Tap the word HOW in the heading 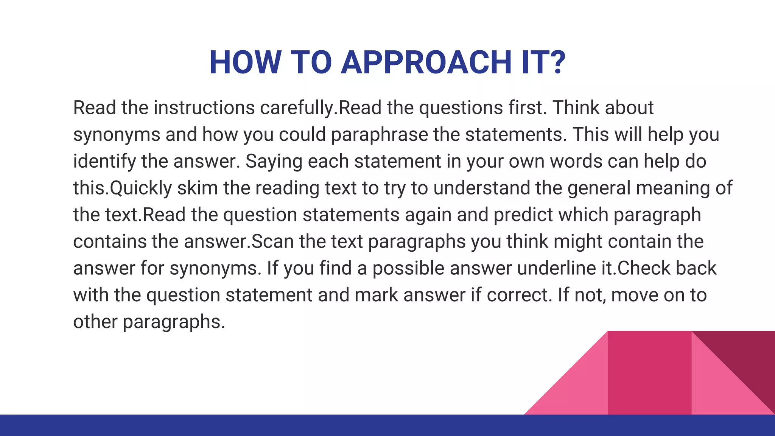coord(245,62)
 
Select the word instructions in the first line coord(204,108)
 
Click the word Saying coord(274,162)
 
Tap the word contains coord(110,242)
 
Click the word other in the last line coord(95,322)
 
